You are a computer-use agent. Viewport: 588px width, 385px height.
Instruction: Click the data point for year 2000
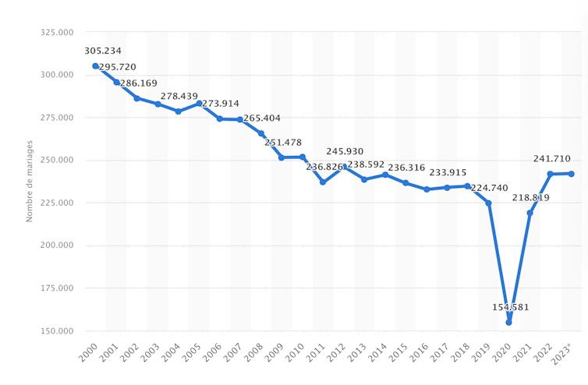(x=95, y=66)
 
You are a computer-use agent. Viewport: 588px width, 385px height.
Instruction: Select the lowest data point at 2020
(x=509, y=322)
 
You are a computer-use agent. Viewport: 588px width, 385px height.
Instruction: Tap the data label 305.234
(x=103, y=51)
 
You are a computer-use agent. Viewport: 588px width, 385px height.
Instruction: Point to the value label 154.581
(x=511, y=307)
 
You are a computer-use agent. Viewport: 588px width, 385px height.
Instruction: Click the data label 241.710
(x=552, y=159)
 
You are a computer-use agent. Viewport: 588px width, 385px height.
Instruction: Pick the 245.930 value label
(x=345, y=151)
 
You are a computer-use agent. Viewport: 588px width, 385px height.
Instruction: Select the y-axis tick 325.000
(x=55, y=33)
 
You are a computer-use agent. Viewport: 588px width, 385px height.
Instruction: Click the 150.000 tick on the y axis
(x=55, y=331)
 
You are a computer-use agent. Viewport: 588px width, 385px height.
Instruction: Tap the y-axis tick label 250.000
(x=55, y=161)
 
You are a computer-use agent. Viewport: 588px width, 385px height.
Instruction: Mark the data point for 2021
(x=530, y=213)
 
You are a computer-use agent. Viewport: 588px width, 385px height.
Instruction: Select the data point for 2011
(x=323, y=182)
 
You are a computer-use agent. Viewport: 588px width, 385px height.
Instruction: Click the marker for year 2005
(x=199, y=103)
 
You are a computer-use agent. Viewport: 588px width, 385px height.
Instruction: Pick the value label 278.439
(x=179, y=97)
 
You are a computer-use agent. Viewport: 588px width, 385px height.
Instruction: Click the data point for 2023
(x=572, y=174)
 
